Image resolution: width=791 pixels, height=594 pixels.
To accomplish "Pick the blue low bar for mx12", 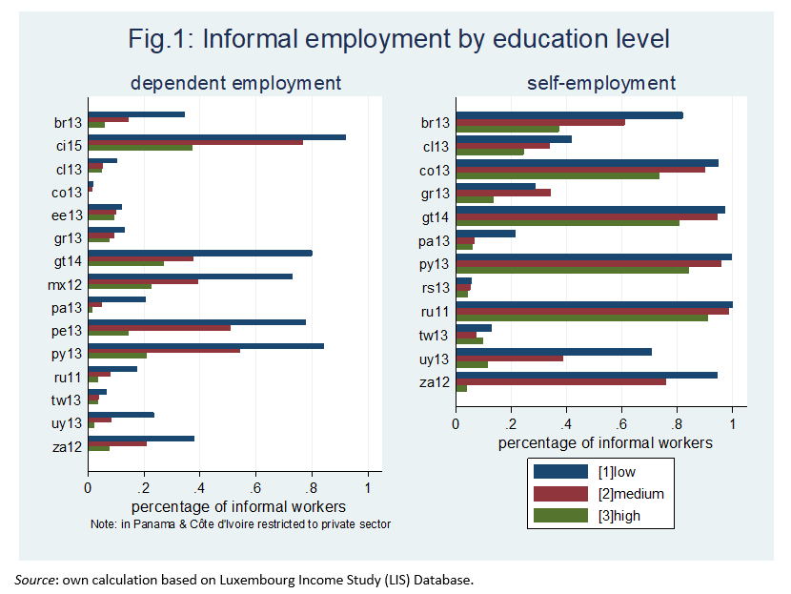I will pos(190,277).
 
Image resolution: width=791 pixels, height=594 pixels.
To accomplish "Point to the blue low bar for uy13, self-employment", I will pos(554,351).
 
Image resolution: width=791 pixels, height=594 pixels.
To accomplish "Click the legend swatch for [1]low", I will pos(563,470).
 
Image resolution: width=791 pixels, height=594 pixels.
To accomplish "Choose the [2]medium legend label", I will pos(630,494).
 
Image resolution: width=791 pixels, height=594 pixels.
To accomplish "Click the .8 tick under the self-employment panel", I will pos(676,422).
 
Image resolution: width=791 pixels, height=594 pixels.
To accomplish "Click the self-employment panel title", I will pos(601,83).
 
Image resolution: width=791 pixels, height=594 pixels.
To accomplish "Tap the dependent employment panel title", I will pos(235,83).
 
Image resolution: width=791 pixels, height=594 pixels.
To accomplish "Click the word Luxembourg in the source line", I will pos(252,580).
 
